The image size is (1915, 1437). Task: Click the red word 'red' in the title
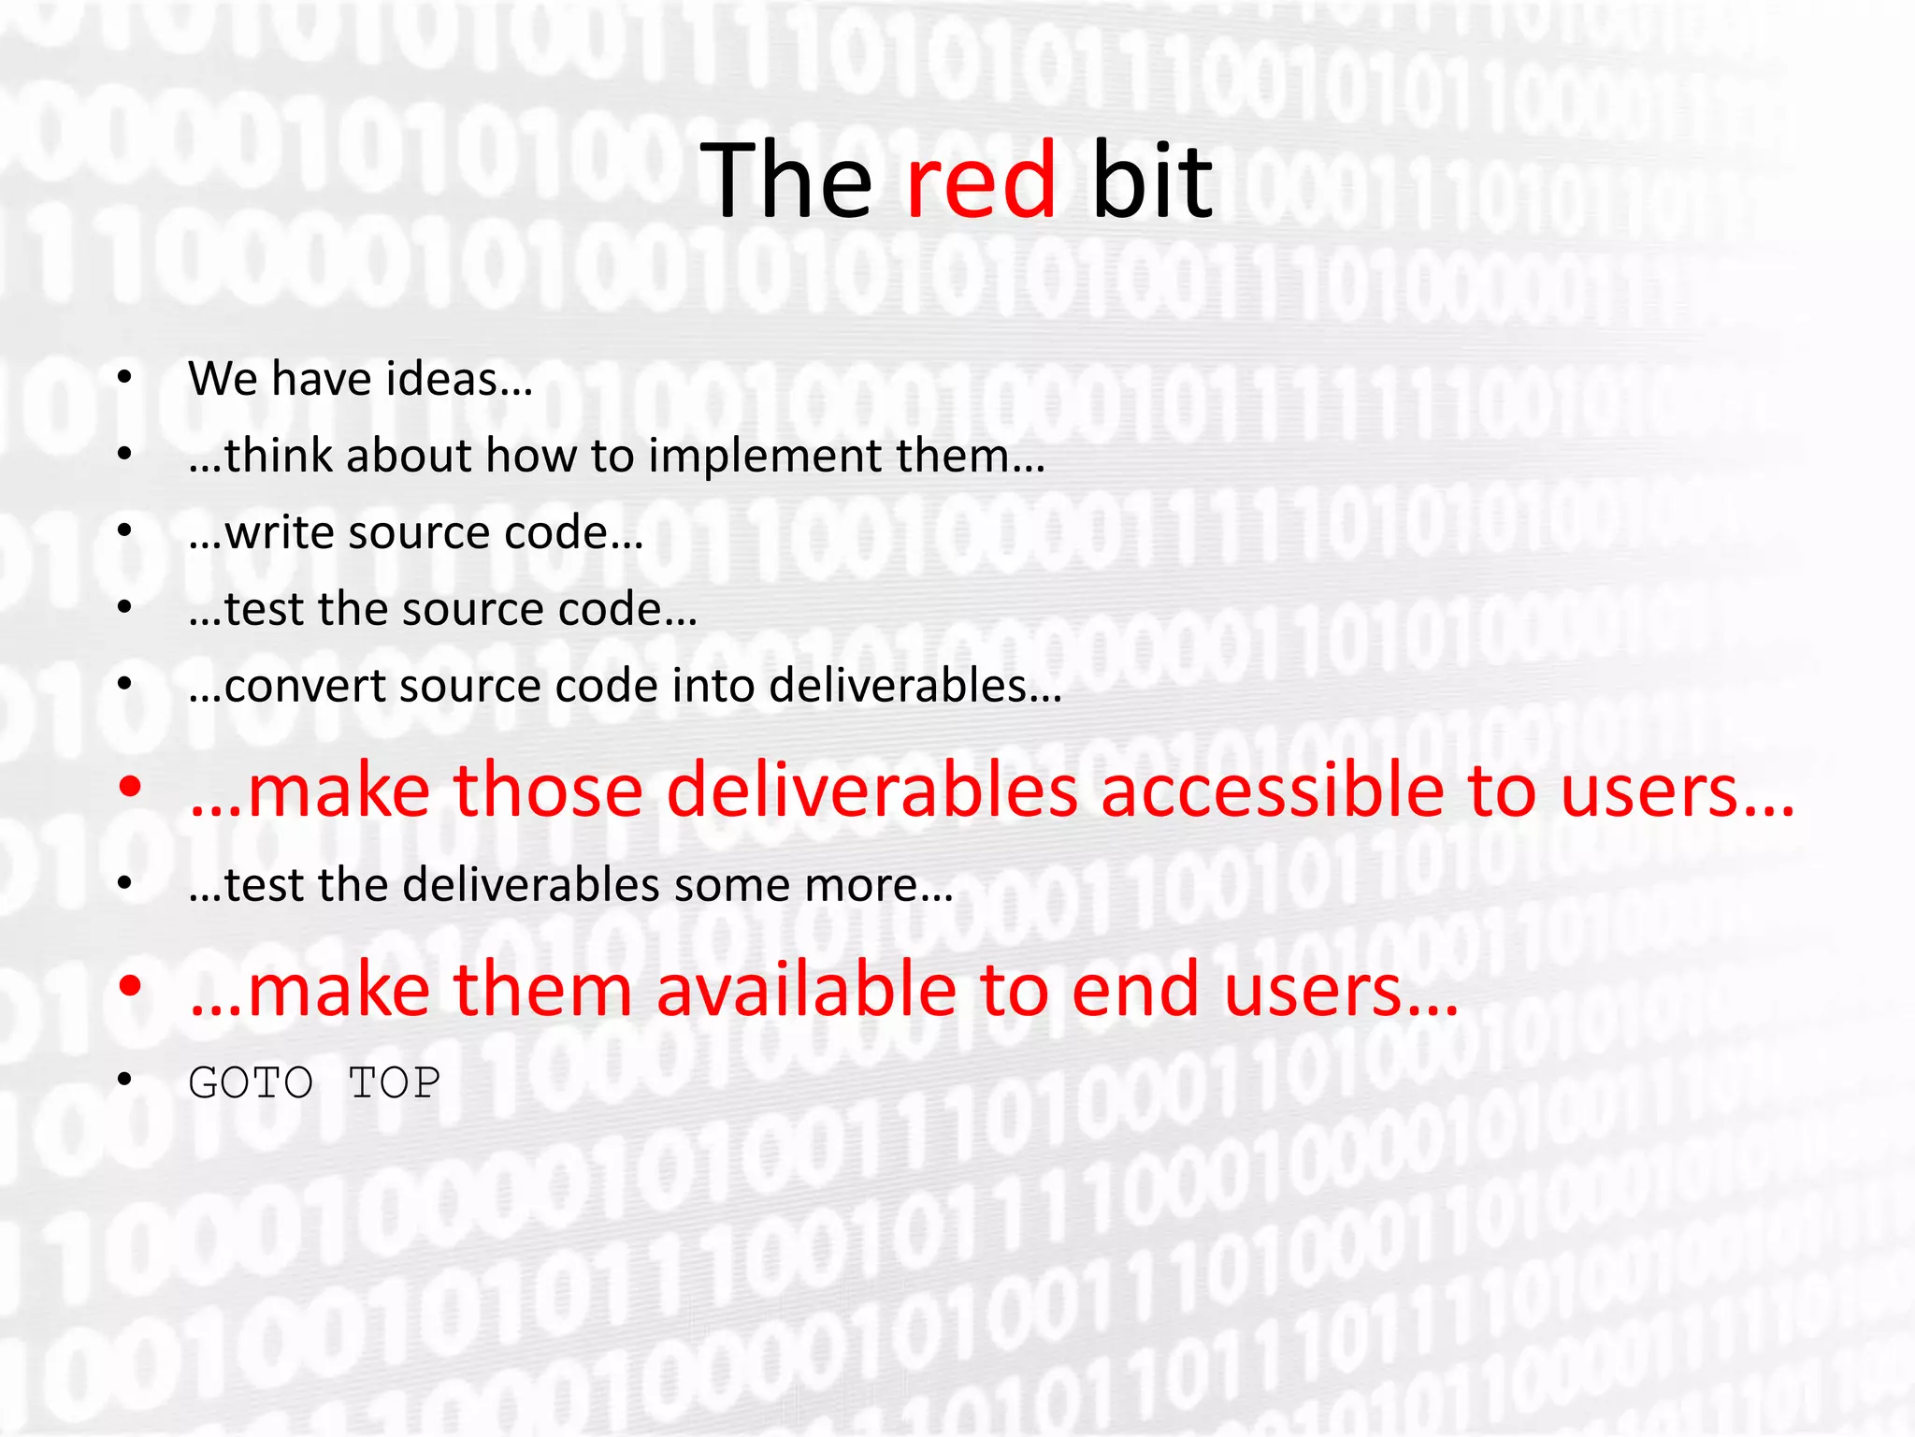point(981,180)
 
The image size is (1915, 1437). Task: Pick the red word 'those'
point(548,791)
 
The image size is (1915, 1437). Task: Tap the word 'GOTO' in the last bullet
point(251,1083)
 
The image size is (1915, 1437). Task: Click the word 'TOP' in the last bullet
point(394,1083)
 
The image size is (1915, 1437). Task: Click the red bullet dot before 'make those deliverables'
point(129,787)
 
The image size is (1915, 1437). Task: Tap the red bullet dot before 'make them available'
point(129,985)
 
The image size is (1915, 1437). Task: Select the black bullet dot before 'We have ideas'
point(124,379)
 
